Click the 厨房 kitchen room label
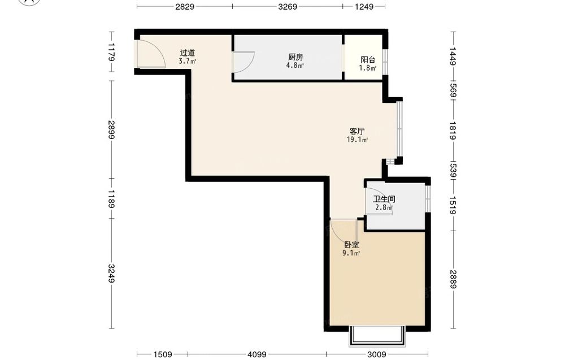[x=295, y=57]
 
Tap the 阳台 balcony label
[x=368, y=60]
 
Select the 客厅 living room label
[x=357, y=131]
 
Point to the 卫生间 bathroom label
[x=384, y=199]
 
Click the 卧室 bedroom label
[x=351, y=245]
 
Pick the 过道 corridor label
[x=188, y=53]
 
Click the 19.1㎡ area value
[x=357, y=140]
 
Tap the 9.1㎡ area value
[x=351, y=253]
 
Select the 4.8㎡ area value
[x=295, y=65]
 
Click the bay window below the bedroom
[x=377, y=336]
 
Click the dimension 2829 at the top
[x=185, y=6]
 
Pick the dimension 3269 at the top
[x=288, y=6]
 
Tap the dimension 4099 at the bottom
[x=257, y=354]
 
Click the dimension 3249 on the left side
[x=111, y=274]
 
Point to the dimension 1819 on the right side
[x=453, y=131]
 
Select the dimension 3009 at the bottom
[x=377, y=354]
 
